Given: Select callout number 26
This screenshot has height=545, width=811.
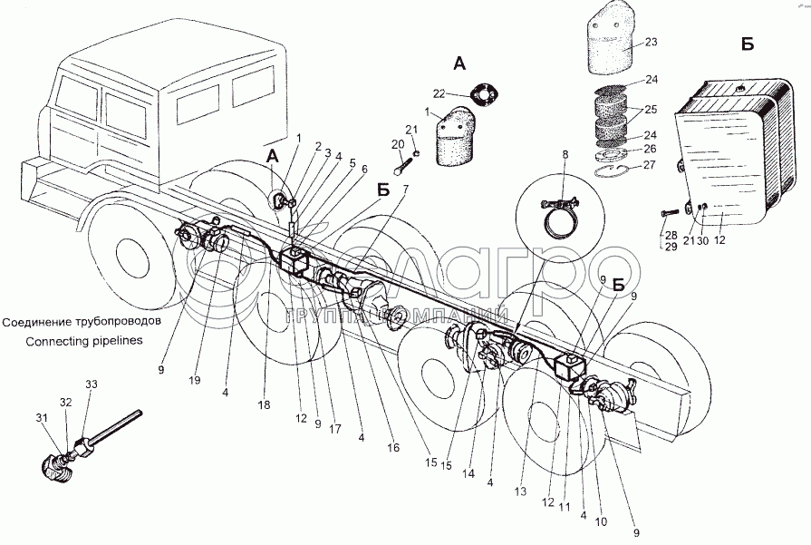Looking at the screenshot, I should pyautogui.click(x=651, y=149).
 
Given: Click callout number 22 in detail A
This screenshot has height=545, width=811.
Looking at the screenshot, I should pyautogui.click(x=439, y=92).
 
